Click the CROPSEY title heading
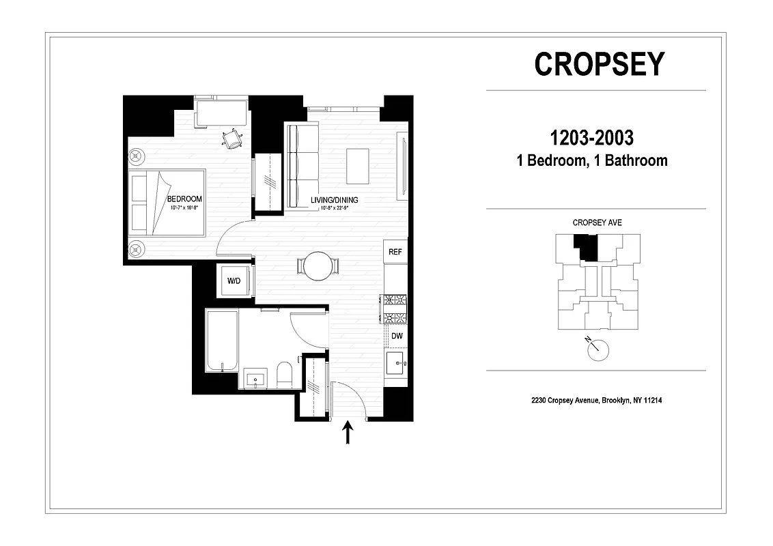coord(599,64)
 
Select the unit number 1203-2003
coord(591,138)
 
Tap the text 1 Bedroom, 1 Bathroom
coord(591,161)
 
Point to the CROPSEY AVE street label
coord(597,222)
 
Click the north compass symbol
coord(596,349)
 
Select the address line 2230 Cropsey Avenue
coord(596,401)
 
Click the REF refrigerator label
coord(395,252)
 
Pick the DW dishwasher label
coord(396,336)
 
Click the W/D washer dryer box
coord(234,281)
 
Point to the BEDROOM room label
coord(184,199)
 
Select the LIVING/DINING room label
coord(334,200)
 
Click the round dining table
coord(318,266)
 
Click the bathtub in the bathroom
coord(222,341)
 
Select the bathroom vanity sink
coord(256,379)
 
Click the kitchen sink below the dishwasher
coord(395,363)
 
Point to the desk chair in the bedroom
coord(233,139)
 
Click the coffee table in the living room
coord(357,166)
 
